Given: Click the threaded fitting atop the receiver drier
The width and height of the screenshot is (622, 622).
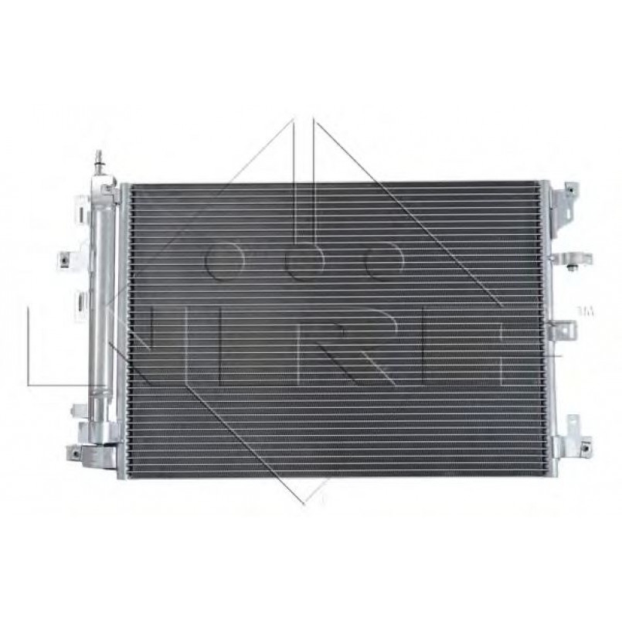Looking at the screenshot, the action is coord(98,161).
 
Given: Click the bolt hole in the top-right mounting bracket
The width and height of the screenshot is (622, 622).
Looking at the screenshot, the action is coord(570,190).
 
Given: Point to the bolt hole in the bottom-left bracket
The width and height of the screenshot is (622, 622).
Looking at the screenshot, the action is coord(73,453).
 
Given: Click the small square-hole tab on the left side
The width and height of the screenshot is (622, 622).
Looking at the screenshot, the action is coord(64,260).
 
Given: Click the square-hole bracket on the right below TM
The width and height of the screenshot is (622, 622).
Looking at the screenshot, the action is coord(563,329).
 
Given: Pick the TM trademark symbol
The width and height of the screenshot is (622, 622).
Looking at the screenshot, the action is coord(585,311).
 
